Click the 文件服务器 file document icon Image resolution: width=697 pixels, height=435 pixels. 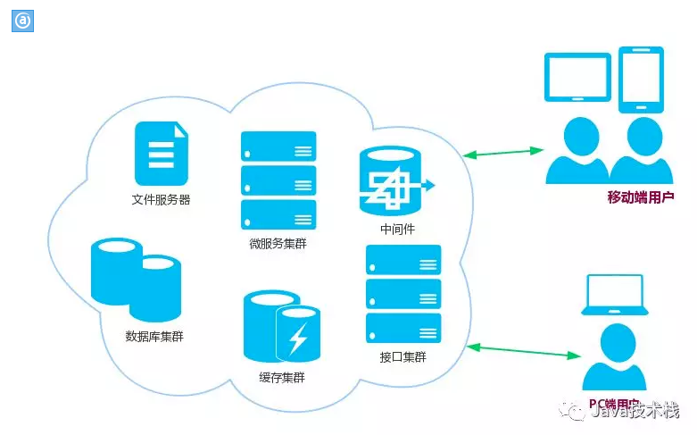click(x=162, y=154)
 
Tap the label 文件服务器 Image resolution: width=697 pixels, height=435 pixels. click(x=162, y=200)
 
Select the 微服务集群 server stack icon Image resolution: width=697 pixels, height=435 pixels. click(x=278, y=180)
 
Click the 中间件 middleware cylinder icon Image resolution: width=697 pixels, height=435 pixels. click(x=390, y=181)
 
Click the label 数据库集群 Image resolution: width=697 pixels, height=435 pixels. click(x=154, y=337)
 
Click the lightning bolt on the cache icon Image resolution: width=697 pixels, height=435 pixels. click(x=298, y=339)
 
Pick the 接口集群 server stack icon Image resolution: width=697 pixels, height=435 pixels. click(x=403, y=294)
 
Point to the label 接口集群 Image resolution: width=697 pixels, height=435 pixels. click(x=402, y=357)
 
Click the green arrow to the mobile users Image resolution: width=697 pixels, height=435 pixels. click(x=504, y=154)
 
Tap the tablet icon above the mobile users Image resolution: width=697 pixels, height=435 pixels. click(x=577, y=78)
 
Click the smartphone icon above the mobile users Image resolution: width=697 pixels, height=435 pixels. click(x=641, y=79)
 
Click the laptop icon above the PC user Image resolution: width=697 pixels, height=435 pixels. click(x=613, y=295)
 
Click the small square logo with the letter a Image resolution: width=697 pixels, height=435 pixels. click(x=21, y=21)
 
